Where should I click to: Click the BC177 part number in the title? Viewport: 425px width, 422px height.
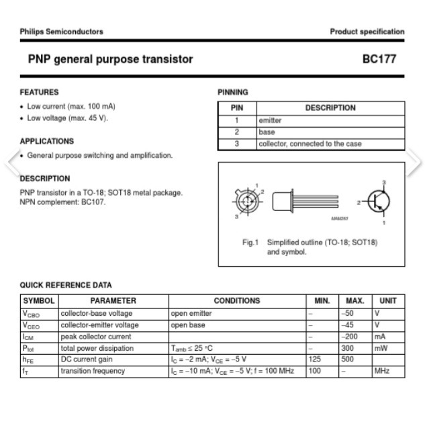tap(379, 59)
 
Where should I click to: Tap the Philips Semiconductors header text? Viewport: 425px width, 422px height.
tap(62, 32)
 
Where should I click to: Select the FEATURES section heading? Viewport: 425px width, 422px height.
tap(39, 92)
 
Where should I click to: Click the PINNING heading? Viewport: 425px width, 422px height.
tap(233, 92)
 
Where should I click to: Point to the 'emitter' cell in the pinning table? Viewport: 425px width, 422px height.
tap(271, 121)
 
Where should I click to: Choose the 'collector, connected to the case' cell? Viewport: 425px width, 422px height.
tap(310, 144)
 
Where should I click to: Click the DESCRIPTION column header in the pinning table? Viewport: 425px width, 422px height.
tap(330, 108)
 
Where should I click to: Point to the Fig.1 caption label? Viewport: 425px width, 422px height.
tap(250, 243)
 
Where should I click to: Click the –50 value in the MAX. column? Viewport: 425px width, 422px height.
tap(348, 313)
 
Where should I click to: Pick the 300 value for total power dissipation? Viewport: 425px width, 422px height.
tap(347, 348)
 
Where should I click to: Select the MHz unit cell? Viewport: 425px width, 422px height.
tap(382, 371)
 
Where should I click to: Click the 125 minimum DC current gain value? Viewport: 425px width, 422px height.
tap(314, 360)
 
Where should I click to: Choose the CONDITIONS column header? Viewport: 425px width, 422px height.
tap(236, 301)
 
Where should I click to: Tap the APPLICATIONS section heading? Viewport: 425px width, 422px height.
tap(46, 141)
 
